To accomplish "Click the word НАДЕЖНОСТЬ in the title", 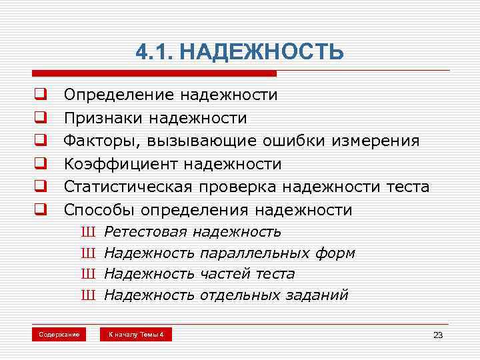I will coord(262,52).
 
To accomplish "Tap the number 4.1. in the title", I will coord(155,52).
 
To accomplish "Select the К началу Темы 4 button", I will coord(136,334).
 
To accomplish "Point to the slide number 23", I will coord(438,335).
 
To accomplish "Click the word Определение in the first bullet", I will coord(117,95).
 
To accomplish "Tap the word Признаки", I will coord(103,119).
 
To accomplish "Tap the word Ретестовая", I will coord(147,232).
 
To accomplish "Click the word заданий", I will coord(316,295).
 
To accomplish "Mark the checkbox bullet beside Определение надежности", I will coord(40,95).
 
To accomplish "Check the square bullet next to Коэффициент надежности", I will coord(40,164).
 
